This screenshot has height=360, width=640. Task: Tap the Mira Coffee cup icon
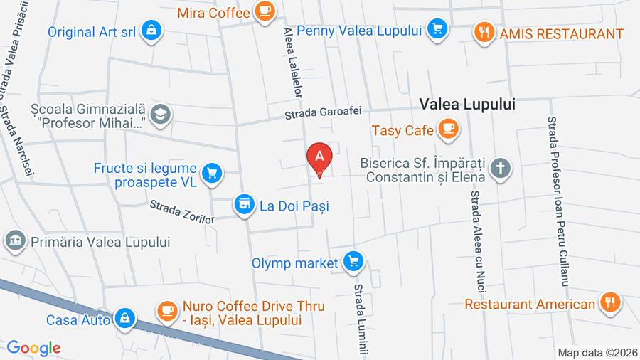click(265, 11)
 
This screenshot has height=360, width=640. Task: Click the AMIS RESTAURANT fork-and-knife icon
click(485, 33)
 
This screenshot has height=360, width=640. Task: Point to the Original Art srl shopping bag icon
click(151, 31)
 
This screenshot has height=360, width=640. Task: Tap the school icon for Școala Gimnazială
click(161, 114)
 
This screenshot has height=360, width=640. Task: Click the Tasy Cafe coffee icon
click(448, 129)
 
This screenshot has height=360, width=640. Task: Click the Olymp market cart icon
click(353, 262)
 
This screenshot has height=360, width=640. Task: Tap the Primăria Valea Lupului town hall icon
click(15, 240)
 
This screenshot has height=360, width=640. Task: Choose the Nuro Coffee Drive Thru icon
click(167, 310)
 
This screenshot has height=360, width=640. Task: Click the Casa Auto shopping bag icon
click(124, 318)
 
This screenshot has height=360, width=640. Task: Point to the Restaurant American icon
click(609, 303)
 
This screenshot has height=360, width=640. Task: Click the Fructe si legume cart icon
click(211, 173)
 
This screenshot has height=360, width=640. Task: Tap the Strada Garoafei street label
click(324, 112)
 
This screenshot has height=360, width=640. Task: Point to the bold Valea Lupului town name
click(467, 104)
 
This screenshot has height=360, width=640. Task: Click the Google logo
click(33, 348)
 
